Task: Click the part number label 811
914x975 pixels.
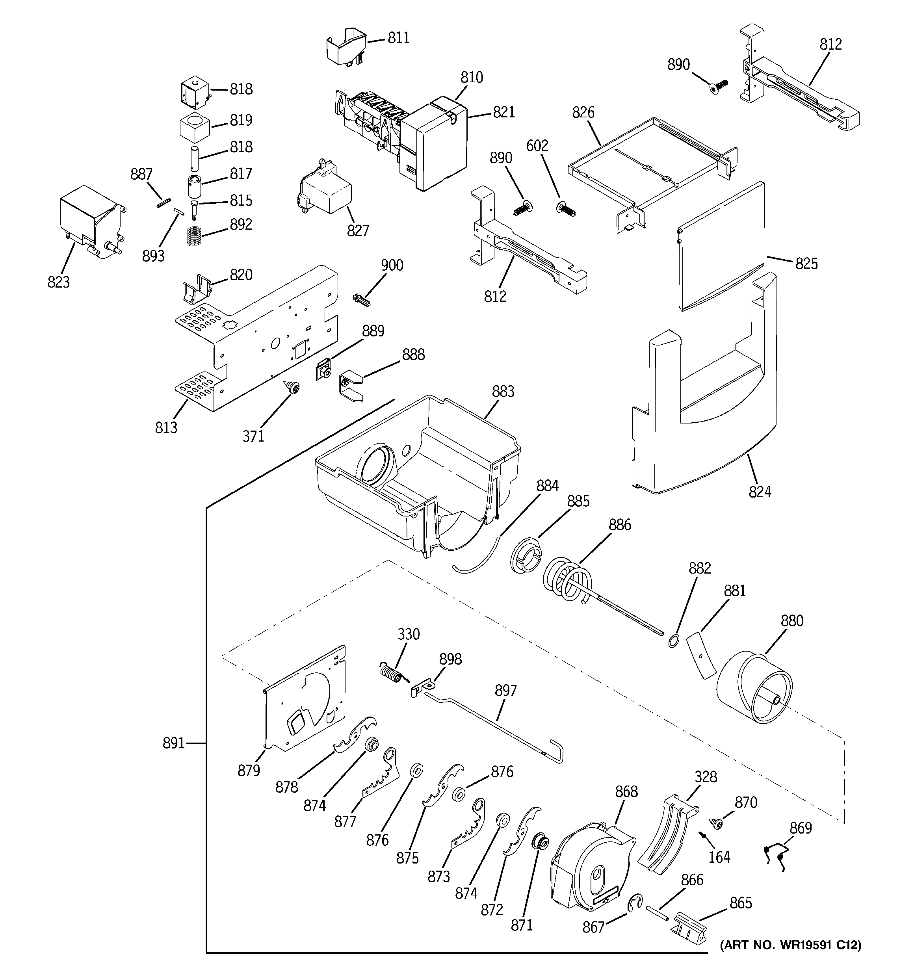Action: tap(398, 38)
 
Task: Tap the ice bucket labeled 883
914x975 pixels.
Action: tap(417, 471)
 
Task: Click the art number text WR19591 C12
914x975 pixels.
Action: tap(790, 945)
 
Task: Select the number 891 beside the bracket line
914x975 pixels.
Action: tap(174, 743)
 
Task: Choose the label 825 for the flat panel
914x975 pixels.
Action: tap(806, 264)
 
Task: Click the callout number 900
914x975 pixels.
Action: tap(392, 266)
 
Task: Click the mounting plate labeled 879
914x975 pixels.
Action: tap(304, 701)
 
